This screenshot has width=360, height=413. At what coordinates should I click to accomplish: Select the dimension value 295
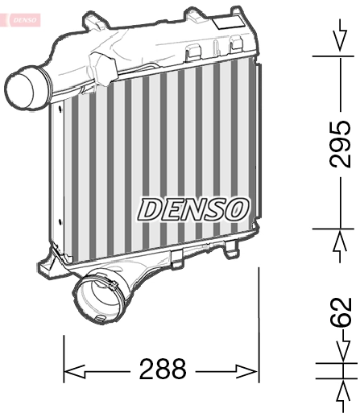(x=341, y=143)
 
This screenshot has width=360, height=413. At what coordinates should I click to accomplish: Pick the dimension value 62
(x=341, y=312)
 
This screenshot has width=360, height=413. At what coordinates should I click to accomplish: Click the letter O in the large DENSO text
(x=233, y=209)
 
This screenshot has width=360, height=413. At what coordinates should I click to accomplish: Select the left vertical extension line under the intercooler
(x=64, y=358)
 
